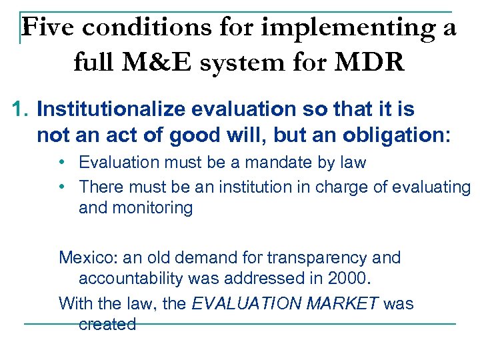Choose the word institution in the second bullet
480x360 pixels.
(x=261, y=187)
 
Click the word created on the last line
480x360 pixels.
(x=107, y=325)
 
